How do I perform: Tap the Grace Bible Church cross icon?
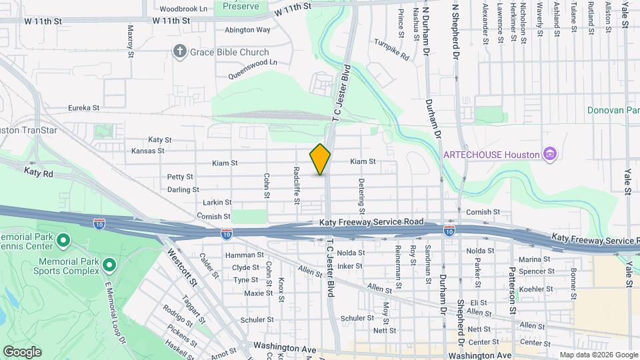179,52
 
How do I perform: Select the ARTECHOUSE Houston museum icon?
550,155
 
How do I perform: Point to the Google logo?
22,352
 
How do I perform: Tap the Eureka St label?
84,107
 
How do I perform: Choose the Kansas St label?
148,151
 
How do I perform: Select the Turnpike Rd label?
391,50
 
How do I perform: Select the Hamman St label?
245,255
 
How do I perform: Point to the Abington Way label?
247,30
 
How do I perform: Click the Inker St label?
350,266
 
